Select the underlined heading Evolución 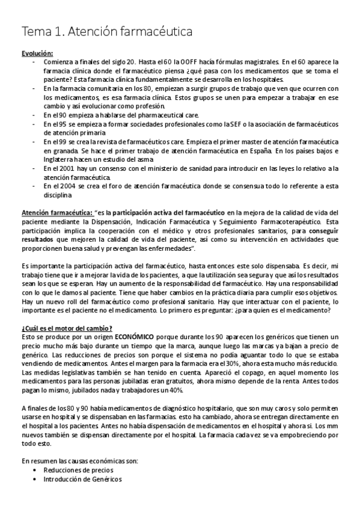click(x=37, y=53)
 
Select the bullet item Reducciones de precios click(x=78, y=470)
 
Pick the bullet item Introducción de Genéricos click(x=82, y=479)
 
